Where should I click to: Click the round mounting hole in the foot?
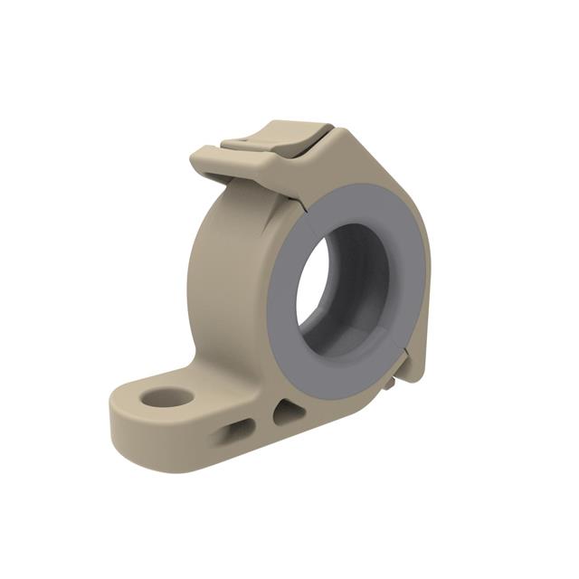click(169, 397)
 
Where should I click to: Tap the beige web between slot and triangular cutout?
click(262, 422)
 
